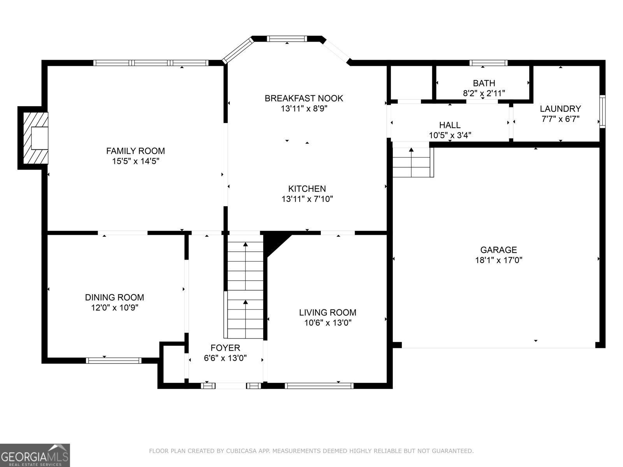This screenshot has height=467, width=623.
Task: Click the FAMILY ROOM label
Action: coord(136,151)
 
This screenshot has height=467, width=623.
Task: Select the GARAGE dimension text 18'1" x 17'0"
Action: coord(498,260)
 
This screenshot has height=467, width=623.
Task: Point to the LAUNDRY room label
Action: coord(560,109)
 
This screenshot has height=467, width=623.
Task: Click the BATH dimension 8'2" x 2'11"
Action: coord(484,93)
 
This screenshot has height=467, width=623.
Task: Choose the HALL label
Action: coord(450,125)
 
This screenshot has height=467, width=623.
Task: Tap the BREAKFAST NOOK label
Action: coord(304,98)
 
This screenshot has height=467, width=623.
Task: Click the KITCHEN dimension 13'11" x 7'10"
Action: coord(307,199)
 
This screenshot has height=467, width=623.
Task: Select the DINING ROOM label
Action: coord(114,298)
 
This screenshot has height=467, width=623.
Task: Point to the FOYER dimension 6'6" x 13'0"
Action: coord(225,358)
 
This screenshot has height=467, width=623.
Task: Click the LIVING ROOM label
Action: coord(327,313)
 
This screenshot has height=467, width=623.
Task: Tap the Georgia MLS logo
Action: coord(35,455)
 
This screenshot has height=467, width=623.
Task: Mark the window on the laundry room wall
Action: coord(602,111)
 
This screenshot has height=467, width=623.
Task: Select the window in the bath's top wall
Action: coord(488,63)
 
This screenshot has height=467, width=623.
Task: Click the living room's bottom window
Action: coord(319,386)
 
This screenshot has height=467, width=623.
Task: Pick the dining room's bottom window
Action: coord(114,360)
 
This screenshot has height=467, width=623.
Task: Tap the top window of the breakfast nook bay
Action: coord(287,39)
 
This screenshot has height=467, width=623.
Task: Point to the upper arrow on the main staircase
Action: coord(245,244)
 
